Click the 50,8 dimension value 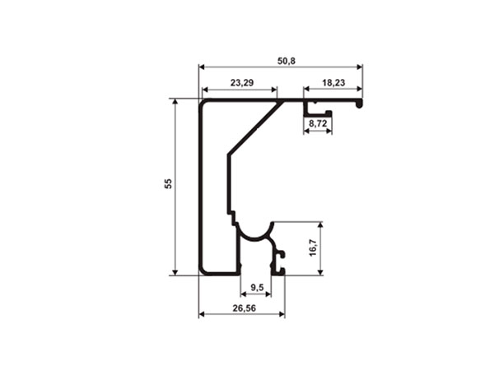(x=287, y=61)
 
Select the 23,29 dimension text (x=242, y=83)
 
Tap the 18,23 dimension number (x=333, y=83)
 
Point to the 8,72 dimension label (x=318, y=123)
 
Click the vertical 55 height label (x=169, y=183)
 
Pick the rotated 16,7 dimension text (x=313, y=247)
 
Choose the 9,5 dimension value (x=257, y=287)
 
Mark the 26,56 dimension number (x=245, y=308)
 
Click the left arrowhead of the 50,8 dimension (x=202, y=67)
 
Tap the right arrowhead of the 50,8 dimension (x=359, y=67)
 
